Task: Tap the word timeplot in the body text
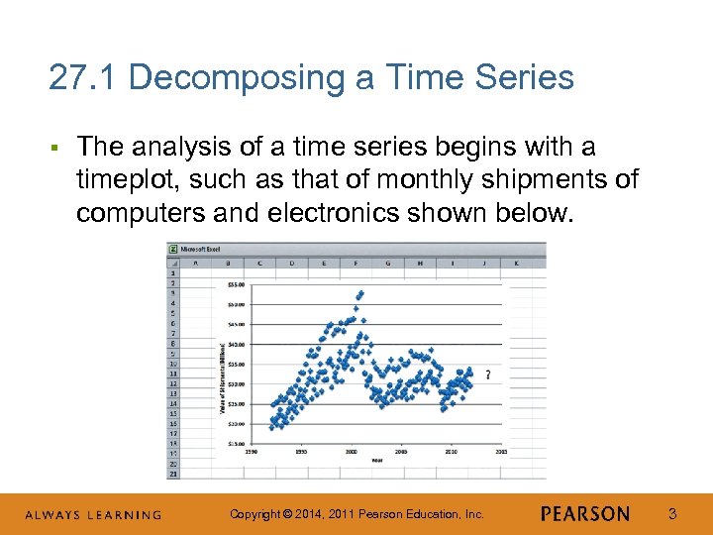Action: [x=123, y=179]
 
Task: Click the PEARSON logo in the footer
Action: [x=585, y=513]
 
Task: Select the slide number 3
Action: [x=672, y=513]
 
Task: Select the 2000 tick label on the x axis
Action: [x=351, y=452]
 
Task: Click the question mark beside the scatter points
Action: [x=487, y=374]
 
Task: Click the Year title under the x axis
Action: [x=377, y=460]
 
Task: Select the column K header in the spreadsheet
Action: [x=515, y=264]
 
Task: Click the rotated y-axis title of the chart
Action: [x=220, y=376]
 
